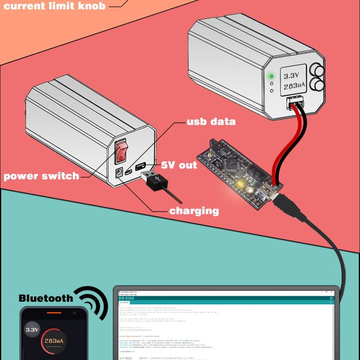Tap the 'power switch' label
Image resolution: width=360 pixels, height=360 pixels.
pyautogui.click(x=41, y=176)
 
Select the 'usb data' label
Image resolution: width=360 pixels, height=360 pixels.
pyautogui.click(x=210, y=121)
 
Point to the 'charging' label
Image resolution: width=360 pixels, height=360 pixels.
pyautogui.click(x=193, y=211)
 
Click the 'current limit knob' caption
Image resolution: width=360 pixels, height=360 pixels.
pyautogui.click(x=55, y=6)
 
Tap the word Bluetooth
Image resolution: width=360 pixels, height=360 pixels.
pyautogui.click(x=46, y=298)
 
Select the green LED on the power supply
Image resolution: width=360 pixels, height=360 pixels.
pyautogui.click(x=271, y=76)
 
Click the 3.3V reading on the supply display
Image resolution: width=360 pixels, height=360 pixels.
pyautogui.click(x=291, y=76)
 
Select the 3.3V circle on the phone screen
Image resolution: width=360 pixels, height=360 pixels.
pyautogui.click(x=32, y=329)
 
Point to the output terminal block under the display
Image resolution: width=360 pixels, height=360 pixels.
pyautogui.click(x=295, y=106)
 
